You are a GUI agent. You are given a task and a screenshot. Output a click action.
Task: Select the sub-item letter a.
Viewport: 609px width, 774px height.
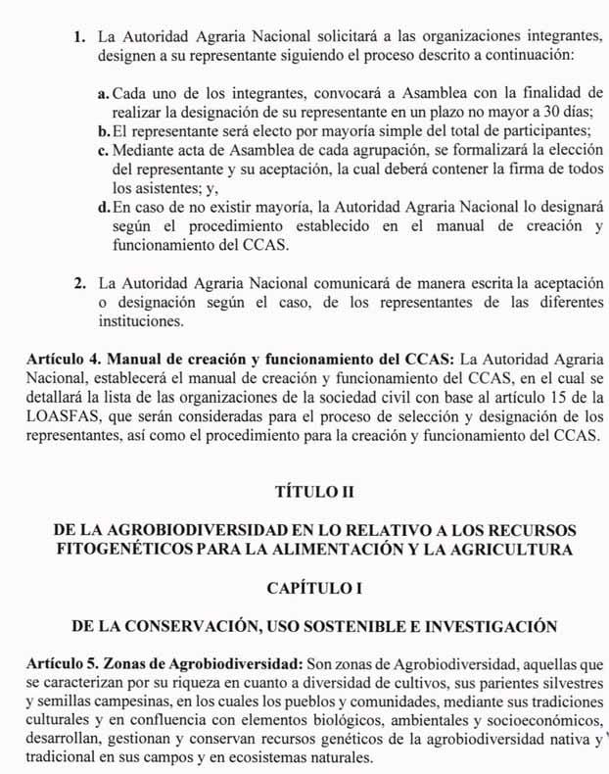(x=104, y=93)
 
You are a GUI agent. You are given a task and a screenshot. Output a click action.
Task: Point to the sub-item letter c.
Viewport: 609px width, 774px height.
(x=104, y=149)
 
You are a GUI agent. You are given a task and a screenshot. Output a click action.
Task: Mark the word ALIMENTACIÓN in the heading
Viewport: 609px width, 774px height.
(x=370, y=550)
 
